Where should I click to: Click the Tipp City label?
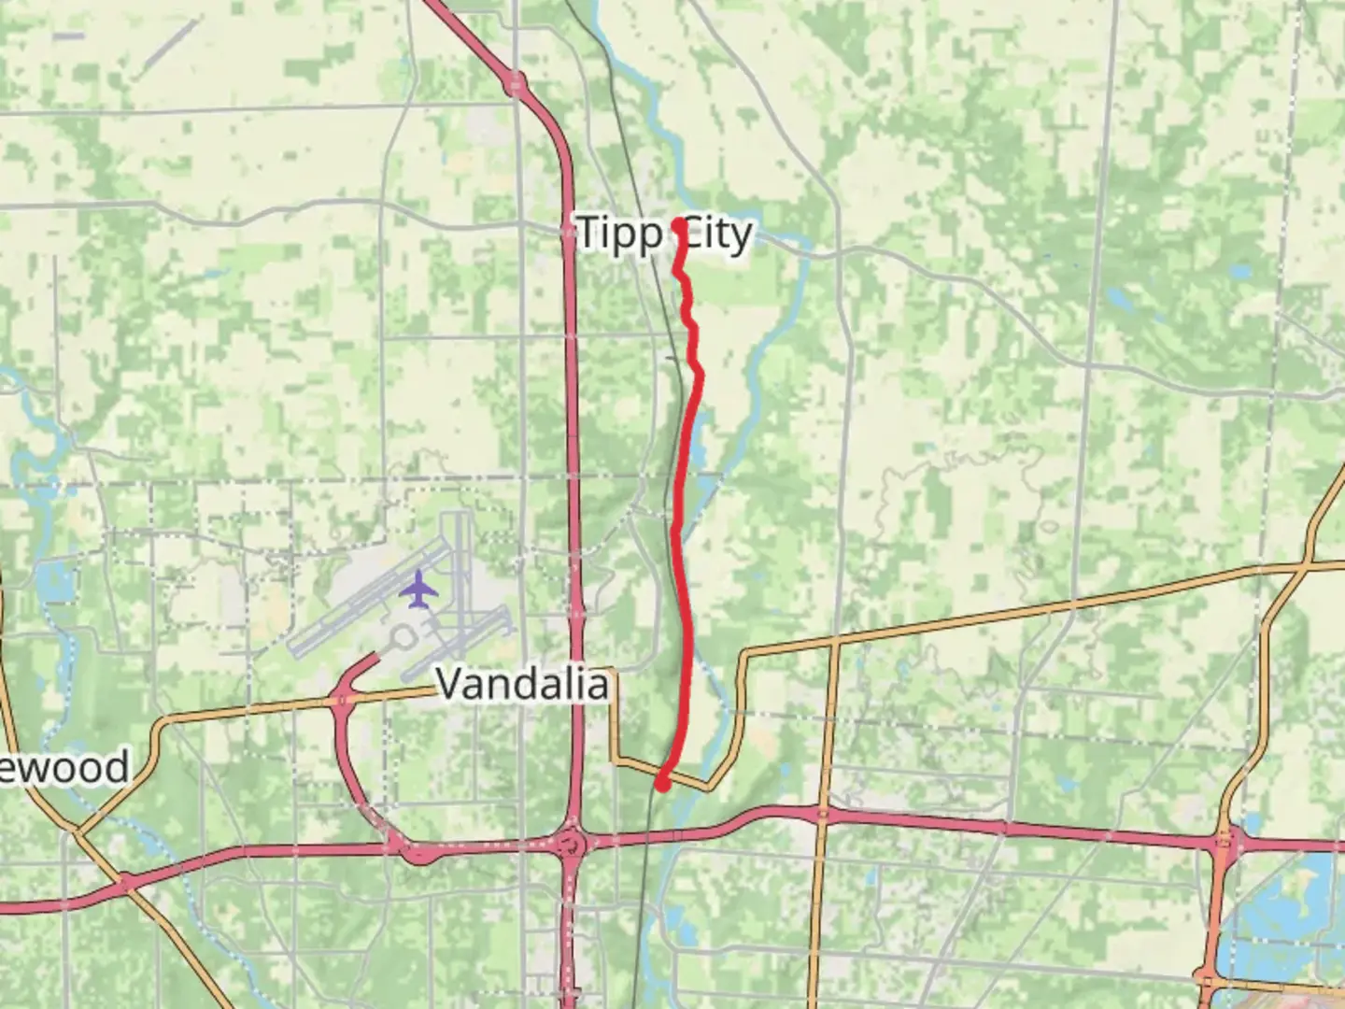[664, 233]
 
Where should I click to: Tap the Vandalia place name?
[522, 685]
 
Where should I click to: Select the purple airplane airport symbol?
[419, 590]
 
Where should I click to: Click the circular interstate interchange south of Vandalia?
[572, 846]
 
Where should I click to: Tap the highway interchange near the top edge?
[515, 85]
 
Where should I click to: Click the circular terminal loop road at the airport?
[402, 638]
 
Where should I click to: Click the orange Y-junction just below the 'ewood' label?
[76, 830]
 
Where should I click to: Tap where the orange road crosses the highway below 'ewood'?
[125, 880]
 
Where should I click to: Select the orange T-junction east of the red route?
[833, 644]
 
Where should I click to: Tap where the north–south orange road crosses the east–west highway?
[823, 816]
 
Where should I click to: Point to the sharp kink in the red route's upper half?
[699, 373]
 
